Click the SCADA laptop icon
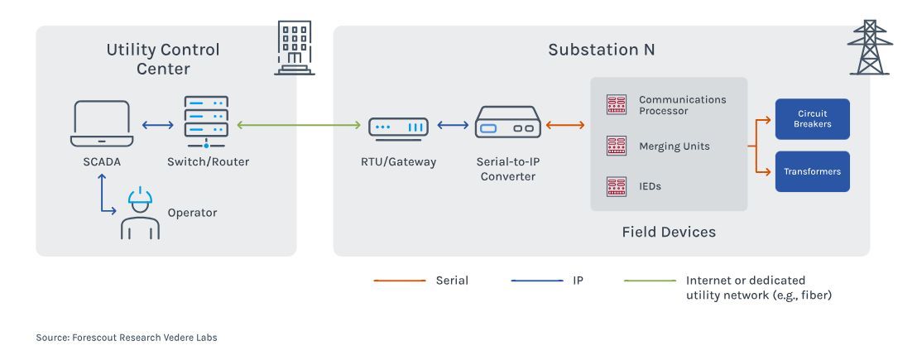pos(102,125)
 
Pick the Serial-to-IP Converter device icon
pos(507,127)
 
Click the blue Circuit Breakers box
pos(812,119)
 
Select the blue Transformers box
pos(812,171)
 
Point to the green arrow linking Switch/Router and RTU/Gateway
pos(299,126)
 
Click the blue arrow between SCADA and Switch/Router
pos(156,126)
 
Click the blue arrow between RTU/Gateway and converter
pos(453,126)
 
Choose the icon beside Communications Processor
pos(616,104)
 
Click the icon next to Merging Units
pos(616,146)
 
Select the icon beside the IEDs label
pos(616,186)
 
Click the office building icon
pos(295,47)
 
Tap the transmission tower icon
pos(869,47)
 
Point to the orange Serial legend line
pos(399,281)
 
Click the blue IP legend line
pos(536,281)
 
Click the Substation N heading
pos(601,50)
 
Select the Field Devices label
pos(668,232)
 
